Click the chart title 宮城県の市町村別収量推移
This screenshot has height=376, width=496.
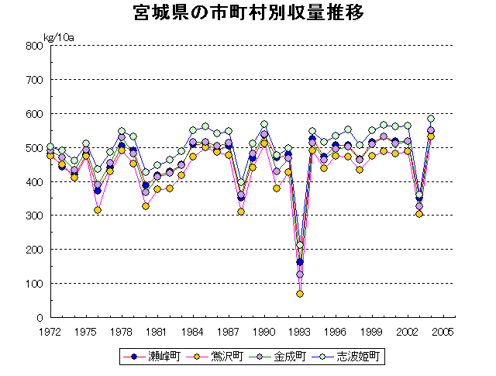[247, 15]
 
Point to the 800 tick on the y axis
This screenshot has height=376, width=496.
[34, 46]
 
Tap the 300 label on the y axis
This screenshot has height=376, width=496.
[34, 216]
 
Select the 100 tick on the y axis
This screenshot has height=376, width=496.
[34, 284]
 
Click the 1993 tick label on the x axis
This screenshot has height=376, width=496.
[300, 331]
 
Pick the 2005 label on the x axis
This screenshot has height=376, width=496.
[443, 331]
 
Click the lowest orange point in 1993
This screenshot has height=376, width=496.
[300, 294]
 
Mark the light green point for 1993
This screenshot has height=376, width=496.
[300, 246]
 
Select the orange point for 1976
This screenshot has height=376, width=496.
[98, 210]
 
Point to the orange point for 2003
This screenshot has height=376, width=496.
[419, 214]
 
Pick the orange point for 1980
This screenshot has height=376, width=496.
[145, 206]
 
